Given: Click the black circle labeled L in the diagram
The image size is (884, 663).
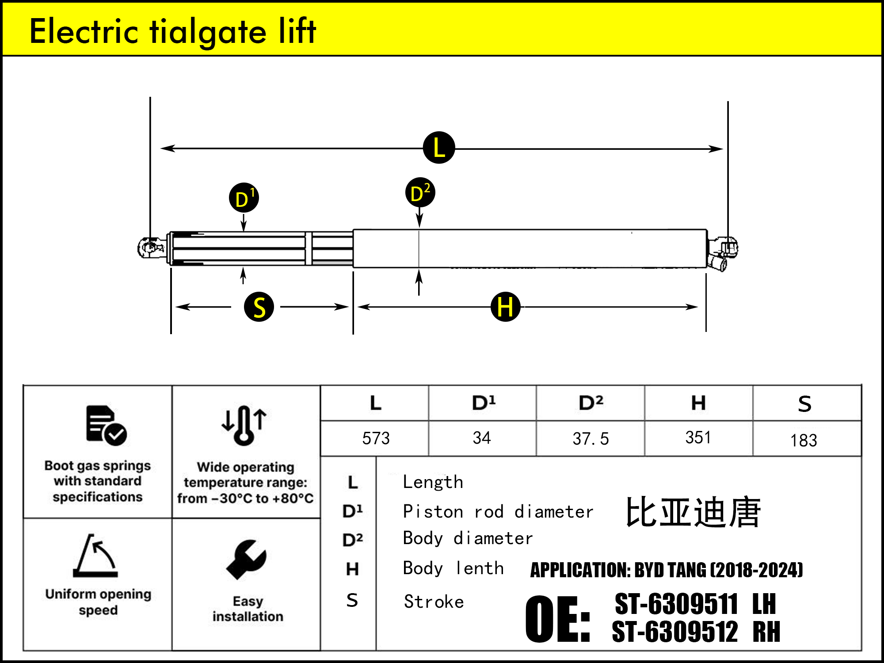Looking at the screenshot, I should tap(439, 148).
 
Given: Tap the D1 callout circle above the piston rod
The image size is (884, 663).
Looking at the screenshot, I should tap(244, 198).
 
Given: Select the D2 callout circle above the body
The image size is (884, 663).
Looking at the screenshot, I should tap(420, 193).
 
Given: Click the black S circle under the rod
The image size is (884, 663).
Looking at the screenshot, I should tap(259, 307).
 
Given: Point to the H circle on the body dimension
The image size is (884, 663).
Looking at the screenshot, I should tap(505, 307).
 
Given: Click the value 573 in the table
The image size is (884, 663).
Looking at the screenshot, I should tap(376, 438).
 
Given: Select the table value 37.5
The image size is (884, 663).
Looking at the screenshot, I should tap(591, 439).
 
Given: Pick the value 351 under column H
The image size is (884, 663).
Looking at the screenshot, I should tap(698, 438).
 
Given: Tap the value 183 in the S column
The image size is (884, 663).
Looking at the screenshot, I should tap(804, 440).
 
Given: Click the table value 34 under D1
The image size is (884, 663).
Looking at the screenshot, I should tap(482, 438).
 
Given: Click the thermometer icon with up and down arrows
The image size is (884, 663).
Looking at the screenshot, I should tap(244, 425).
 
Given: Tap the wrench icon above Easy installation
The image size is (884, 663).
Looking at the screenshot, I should tap(246, 559).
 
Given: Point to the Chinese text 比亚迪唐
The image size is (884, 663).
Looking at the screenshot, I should tap(693, 512).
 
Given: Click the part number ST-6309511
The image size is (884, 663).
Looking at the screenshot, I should tap(676, 604).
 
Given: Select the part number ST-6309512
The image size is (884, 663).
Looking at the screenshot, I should tap(675, 632).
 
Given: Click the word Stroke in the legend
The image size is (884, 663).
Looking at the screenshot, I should tap(434, 602).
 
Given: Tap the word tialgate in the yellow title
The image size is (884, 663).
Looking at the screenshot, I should tap(208, 32).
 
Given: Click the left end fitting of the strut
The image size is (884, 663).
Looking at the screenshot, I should tap(150, 248).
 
